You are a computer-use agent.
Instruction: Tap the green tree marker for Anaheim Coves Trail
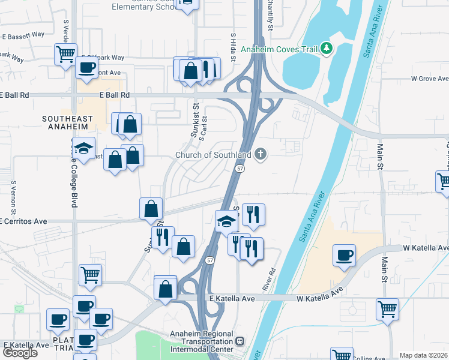tap(327, 47)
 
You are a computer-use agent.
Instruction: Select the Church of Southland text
tap(212, 155)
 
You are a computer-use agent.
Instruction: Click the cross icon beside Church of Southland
tap(260, 155)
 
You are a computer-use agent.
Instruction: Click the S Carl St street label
tap(203, 128)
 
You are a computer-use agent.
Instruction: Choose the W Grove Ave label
tap(430, 79)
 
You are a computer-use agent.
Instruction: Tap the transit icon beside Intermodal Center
tap(240, 341)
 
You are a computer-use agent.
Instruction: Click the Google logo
tap(19, 353)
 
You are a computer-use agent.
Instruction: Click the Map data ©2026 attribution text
tap(424, 355)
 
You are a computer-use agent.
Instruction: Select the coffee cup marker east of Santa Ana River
tap(345, 254)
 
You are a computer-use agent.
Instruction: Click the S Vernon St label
tap(13, 196)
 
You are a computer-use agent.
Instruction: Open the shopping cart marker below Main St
tap(387, 310)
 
